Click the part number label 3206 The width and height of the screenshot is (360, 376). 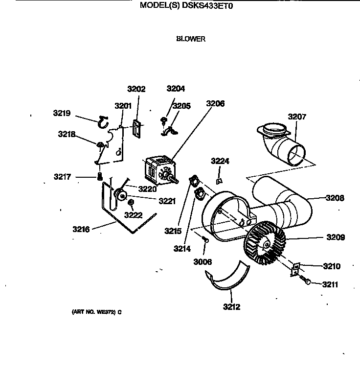(x=215, y=103)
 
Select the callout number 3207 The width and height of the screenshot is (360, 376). (x=297, y=117)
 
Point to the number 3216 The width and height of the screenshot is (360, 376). (x=82, y=228)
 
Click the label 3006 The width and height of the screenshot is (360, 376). (x=202, y=262)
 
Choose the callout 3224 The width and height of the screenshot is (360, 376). (x=220, y=161)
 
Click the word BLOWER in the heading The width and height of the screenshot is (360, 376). (x=191, y=39)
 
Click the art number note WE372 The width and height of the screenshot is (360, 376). (x=93, y=312)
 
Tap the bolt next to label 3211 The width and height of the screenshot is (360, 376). (x=307, y=282)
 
